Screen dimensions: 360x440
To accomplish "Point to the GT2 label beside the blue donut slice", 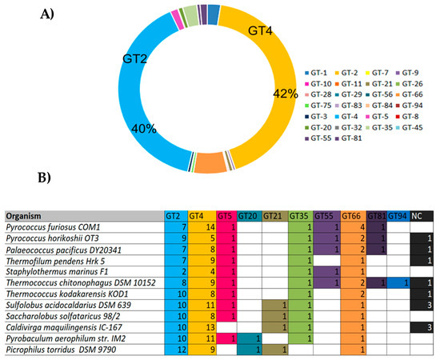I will [136, 59].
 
